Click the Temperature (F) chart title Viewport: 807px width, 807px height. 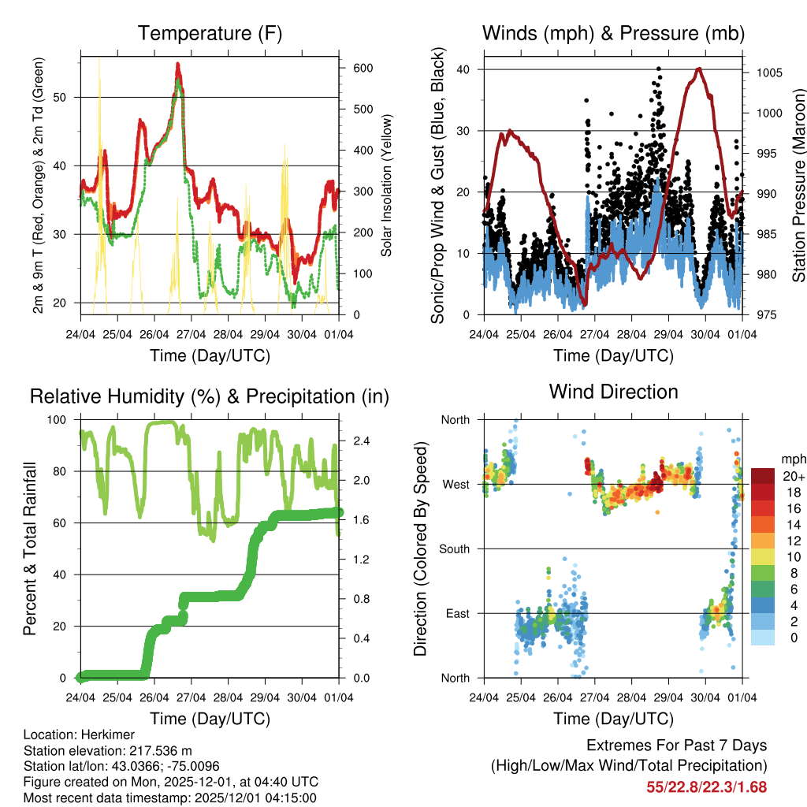tap(210, 33)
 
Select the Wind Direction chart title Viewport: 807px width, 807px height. tap(613, 392)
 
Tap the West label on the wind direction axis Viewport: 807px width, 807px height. tap(456, 484)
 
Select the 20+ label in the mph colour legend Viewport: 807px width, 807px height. tap(794, 476)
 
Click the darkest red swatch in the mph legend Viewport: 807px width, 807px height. tap(763, 476)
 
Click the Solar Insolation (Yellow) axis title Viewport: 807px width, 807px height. tap(386, 185)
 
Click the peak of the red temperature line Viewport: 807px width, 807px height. tap(178, 65)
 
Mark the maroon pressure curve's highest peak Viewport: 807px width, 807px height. tap(698, 69)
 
